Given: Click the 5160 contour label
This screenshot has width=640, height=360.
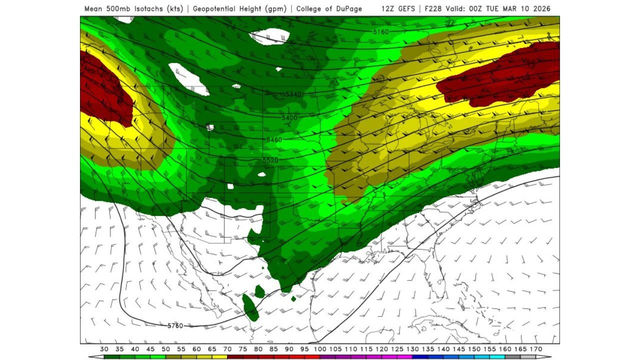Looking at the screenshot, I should click(381, 32).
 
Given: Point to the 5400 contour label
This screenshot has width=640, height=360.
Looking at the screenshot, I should click(289, 117).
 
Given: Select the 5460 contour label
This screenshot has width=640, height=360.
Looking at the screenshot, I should click(274, 139).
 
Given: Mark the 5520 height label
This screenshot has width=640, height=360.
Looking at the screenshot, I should click(270, 160).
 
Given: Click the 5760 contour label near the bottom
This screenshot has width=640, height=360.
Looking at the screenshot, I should click(175, 326).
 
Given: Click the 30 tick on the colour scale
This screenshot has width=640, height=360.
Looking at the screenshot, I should click(104, 348).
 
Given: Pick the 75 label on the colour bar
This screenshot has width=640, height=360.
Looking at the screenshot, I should click(242, 348).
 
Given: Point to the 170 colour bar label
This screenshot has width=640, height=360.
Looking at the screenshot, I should click(535, 348).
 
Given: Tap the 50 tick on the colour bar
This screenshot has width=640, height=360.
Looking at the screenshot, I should click(165, 348).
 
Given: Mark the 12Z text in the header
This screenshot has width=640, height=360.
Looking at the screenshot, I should click(387, 9).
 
